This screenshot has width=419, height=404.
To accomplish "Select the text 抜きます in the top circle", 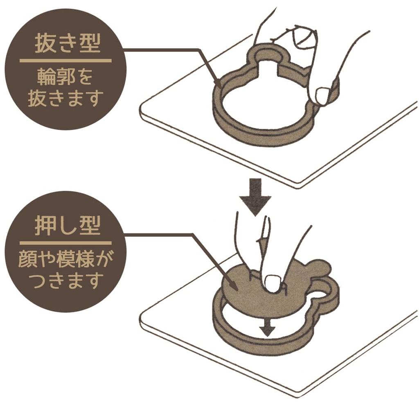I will [65, 99].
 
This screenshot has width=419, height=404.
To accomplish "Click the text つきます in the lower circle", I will [65, 281].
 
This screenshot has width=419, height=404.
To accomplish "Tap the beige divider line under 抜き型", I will [65, 61].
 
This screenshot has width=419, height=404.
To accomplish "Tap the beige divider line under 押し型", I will [65, 243].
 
